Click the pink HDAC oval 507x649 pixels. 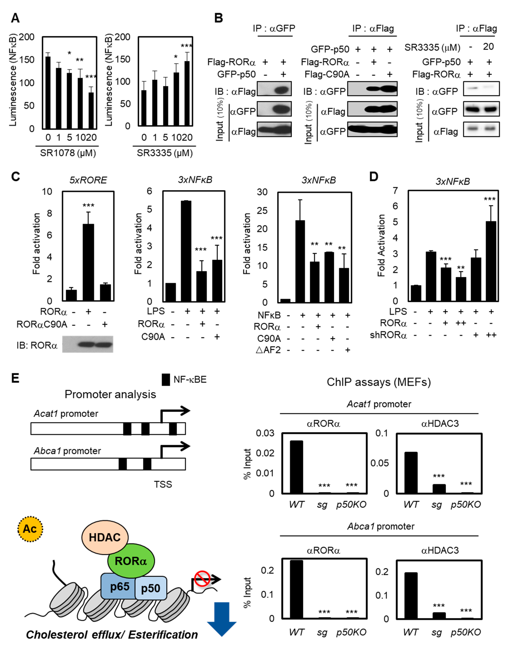(105, 537)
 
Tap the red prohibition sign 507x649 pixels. (202, 579)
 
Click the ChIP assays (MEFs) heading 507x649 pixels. (379, 382)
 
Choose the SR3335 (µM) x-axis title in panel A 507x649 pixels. (165, 153)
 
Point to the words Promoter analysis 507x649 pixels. (110, 394)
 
